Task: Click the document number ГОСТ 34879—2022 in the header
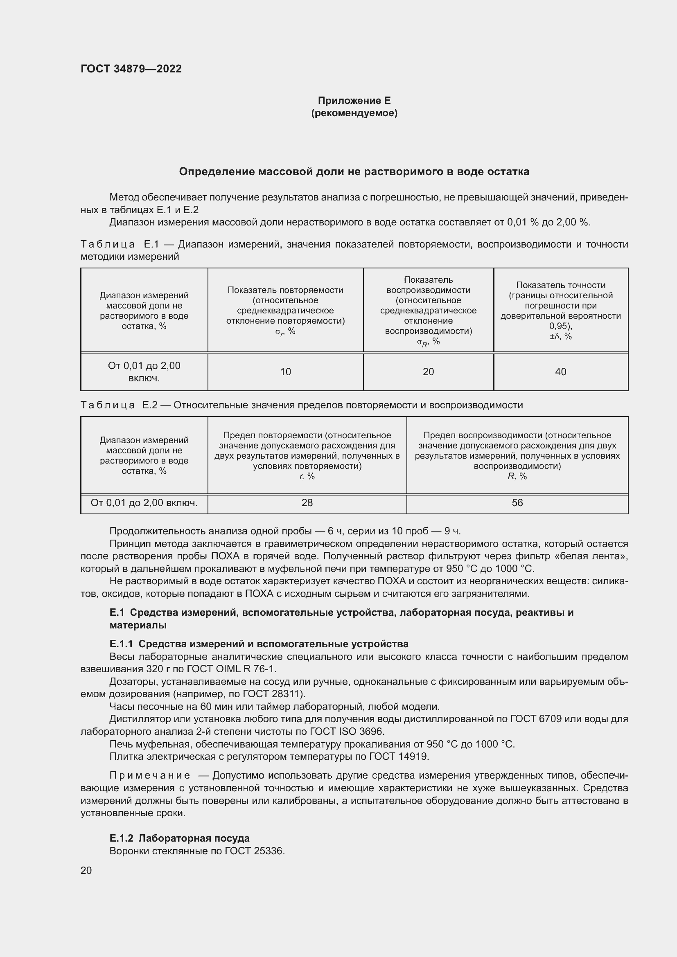point(131,69)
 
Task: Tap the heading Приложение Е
point(354,101)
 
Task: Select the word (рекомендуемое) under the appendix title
point(354,113)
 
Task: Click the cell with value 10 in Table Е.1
point(286,372)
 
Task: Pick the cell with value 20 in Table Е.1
point(428,372)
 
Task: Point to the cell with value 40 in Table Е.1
point(561,372)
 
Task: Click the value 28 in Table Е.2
point(307,503)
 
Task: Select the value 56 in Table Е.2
point(517,503)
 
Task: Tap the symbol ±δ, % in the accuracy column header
point(561,336)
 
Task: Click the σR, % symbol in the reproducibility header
point(428,342)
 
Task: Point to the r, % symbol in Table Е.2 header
point(307,476)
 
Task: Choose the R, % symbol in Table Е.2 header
point(517,476)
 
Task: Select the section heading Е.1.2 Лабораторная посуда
point(180,838)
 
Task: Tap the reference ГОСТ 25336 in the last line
point(254,851)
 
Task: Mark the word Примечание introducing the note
point(150,775)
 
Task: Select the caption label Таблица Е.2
point(119,405)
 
